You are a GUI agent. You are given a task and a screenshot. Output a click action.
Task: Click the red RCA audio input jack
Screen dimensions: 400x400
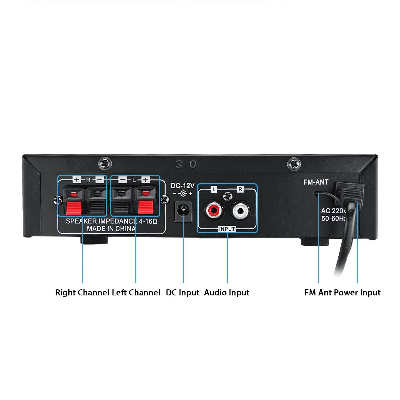tap(213, 210)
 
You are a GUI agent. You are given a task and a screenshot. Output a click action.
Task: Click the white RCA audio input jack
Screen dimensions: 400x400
tap(240, 210)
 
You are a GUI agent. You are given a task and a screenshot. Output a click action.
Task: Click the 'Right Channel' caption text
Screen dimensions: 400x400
tap(82, 293)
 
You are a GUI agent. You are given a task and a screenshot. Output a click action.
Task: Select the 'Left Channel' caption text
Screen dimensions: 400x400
tap(136, 293)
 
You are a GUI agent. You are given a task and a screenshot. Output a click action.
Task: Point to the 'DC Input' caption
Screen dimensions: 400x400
tap(183, 293)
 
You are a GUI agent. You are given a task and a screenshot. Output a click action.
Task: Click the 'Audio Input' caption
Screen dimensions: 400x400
tap(227, 293)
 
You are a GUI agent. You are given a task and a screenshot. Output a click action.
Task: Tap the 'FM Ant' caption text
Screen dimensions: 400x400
tap(318, 293)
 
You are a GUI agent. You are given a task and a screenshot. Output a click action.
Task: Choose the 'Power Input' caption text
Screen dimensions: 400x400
tap(357, 293)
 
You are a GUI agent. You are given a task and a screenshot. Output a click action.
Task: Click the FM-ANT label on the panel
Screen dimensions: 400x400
tap(316, 182)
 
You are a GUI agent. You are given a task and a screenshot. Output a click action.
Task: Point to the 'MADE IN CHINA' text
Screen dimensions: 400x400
tap(111, 229)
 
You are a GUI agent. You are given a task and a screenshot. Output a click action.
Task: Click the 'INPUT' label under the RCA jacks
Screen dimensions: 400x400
tap(227, 229)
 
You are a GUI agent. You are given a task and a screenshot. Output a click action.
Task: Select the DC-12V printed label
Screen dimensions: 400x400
tap(183, 186)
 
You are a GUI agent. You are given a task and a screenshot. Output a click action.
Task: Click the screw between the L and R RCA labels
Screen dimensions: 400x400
tap(227, 196)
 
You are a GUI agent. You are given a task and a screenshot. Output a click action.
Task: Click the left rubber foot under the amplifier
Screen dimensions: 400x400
tap(94, 241)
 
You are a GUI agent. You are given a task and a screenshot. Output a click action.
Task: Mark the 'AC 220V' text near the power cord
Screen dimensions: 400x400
tap(334, 211)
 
